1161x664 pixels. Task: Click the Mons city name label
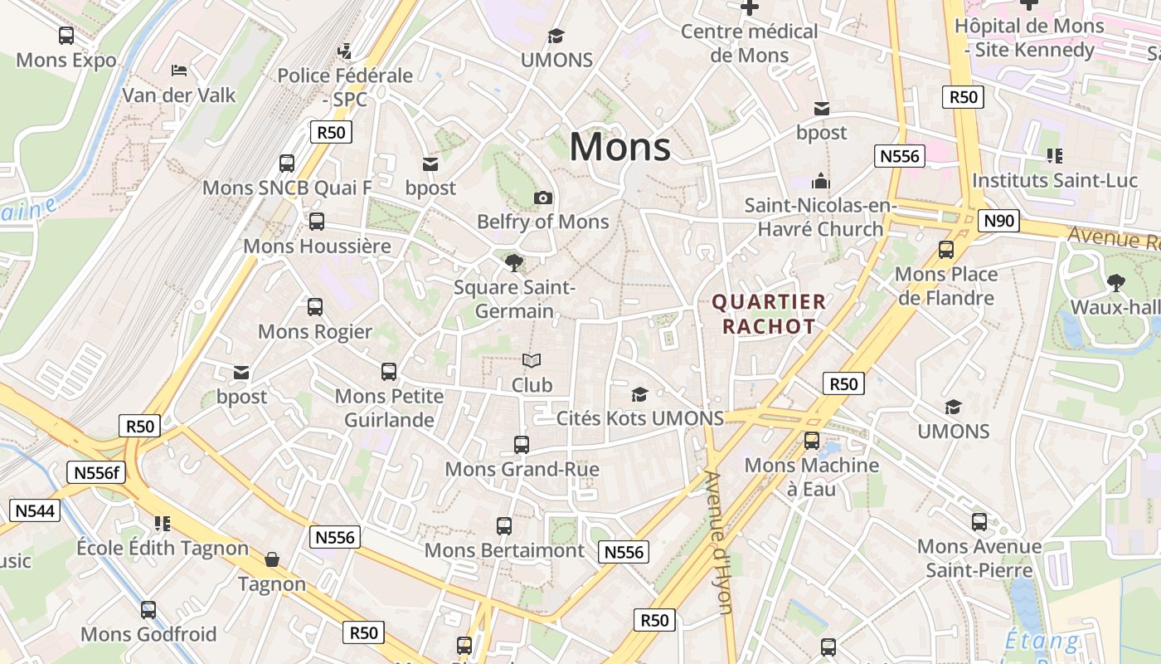point(619,147)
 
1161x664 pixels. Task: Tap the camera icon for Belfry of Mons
point(543,198)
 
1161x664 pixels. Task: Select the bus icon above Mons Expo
point(66,36)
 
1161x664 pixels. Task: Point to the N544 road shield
point(35,510)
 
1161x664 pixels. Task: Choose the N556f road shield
point(96,472)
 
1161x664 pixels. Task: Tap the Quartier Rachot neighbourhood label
point(769,314)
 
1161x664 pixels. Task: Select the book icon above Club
point(532,360)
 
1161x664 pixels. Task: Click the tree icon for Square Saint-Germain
point(514,263)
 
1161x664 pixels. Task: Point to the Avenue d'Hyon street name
point(718,543)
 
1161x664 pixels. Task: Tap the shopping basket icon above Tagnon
point(272,559)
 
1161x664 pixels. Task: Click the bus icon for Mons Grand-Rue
point(522,445)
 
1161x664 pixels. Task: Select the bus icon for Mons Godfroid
point(148,610)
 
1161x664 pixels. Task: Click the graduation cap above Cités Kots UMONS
point(639,393)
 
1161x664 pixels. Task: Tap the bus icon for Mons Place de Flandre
point(946,250)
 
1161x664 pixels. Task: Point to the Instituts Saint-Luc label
point(1054,180)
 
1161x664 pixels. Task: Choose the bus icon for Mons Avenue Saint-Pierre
point(979,522)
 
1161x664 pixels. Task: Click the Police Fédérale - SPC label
point(345,87)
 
